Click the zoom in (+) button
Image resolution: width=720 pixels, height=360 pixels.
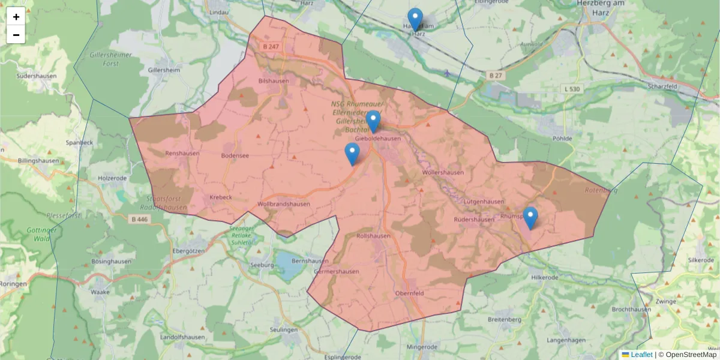[x=16, y=16]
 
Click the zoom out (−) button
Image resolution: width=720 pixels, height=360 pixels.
[x=16, y=35]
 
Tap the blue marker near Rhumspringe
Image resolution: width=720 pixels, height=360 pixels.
[x=530, y=218]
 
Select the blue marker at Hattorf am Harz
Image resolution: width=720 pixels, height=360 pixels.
[x=415, y=19]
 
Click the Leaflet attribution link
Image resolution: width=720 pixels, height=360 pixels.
[x=641, y=355]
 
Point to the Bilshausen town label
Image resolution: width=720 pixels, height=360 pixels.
[x=273, y=80]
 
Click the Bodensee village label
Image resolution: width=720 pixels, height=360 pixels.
[x=235, y=155]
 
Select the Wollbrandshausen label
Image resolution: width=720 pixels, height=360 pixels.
[x=283, y=204]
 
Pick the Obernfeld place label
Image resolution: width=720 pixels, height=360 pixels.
[x=410, y=293]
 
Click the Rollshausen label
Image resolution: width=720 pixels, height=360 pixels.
[x=373, y=236]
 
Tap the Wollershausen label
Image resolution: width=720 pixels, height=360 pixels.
[x=443, y=172]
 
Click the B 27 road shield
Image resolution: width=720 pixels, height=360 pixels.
[x=494, y=75]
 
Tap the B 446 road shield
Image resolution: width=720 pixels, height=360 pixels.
[x=139, y=220]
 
